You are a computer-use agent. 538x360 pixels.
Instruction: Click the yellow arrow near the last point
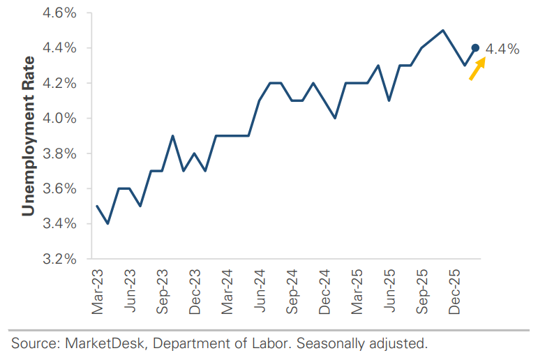click(x=477, y=69)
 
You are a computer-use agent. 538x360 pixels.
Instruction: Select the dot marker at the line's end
click(x=475, y=47)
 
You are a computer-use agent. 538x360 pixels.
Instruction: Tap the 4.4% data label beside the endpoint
click(x=502, y=49)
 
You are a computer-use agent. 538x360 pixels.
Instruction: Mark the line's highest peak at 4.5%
click(x=443, y=31)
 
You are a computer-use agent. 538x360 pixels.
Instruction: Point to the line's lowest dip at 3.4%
click(x=107, y=223)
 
